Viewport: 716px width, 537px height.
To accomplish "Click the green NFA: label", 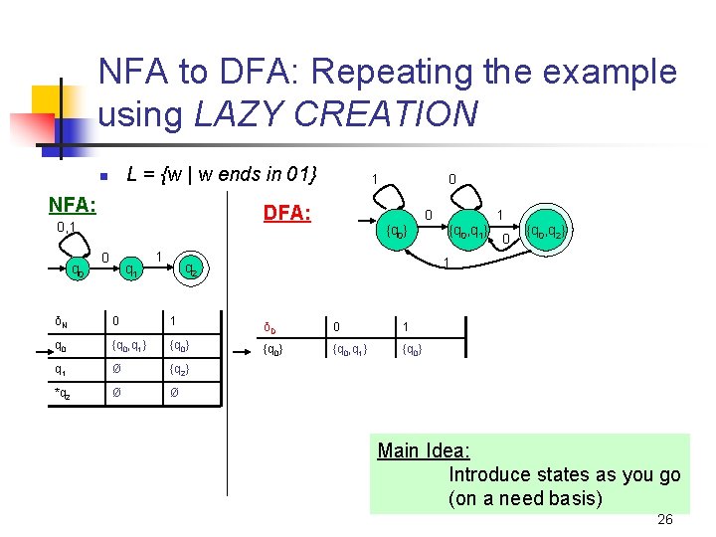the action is point(73,205).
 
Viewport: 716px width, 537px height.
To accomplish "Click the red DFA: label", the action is point(286,213).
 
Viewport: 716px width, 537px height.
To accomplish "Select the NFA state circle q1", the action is point(128,269).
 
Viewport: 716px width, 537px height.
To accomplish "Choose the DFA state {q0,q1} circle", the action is point(465,233).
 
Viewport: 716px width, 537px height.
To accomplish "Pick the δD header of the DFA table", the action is point(269,327).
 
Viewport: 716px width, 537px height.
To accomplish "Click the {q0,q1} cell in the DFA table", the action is point(351,350).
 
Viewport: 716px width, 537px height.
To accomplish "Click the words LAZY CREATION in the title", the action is point(336,114).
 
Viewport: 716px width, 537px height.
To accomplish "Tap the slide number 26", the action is point(665,520).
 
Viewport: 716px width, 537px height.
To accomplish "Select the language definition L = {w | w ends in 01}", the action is point(222,175).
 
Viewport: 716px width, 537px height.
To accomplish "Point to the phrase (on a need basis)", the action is point(525,498).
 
